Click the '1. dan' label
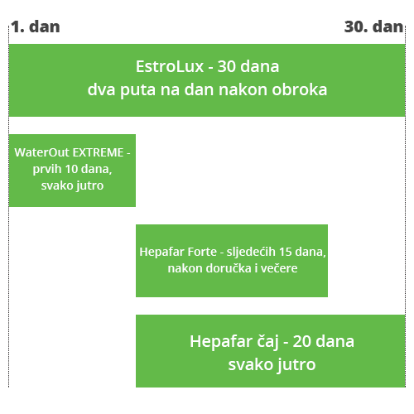(x=36, y=26)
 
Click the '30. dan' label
(x=374, y=26)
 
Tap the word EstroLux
(x=170, y=66)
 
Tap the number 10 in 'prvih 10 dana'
(x=71, y=169)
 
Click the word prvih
(x=46, y=170)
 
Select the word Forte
(x=203, y=252)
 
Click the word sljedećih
(x=251, y=253)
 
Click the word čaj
(x=267, y=342)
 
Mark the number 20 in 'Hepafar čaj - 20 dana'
(x=302, y=341)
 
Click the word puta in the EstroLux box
(x=137, y=90)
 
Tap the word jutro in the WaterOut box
(x=89, y=186)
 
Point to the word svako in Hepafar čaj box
(x=251, y=364)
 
